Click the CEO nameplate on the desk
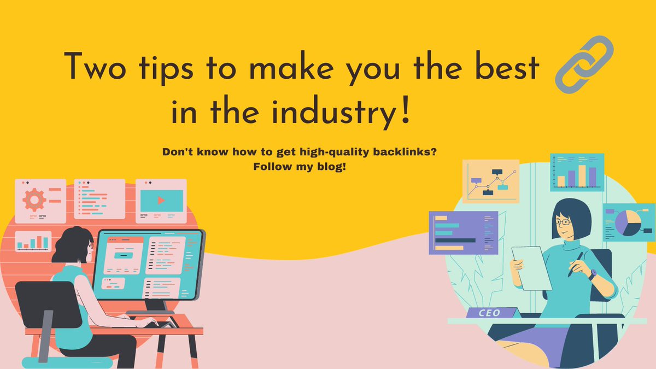[x=490, y=313]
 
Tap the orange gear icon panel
[x=40, y=201]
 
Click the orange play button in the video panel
[x=161, y=200]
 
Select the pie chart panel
[x=628, y=222]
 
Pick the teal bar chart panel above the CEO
[x=577, y=172]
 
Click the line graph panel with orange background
[x=490, y=181]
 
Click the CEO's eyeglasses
[x=563, y=221]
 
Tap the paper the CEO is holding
[x=531, y=268]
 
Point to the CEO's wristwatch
[x=593, y=274]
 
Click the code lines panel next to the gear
[x=99, y=201]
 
